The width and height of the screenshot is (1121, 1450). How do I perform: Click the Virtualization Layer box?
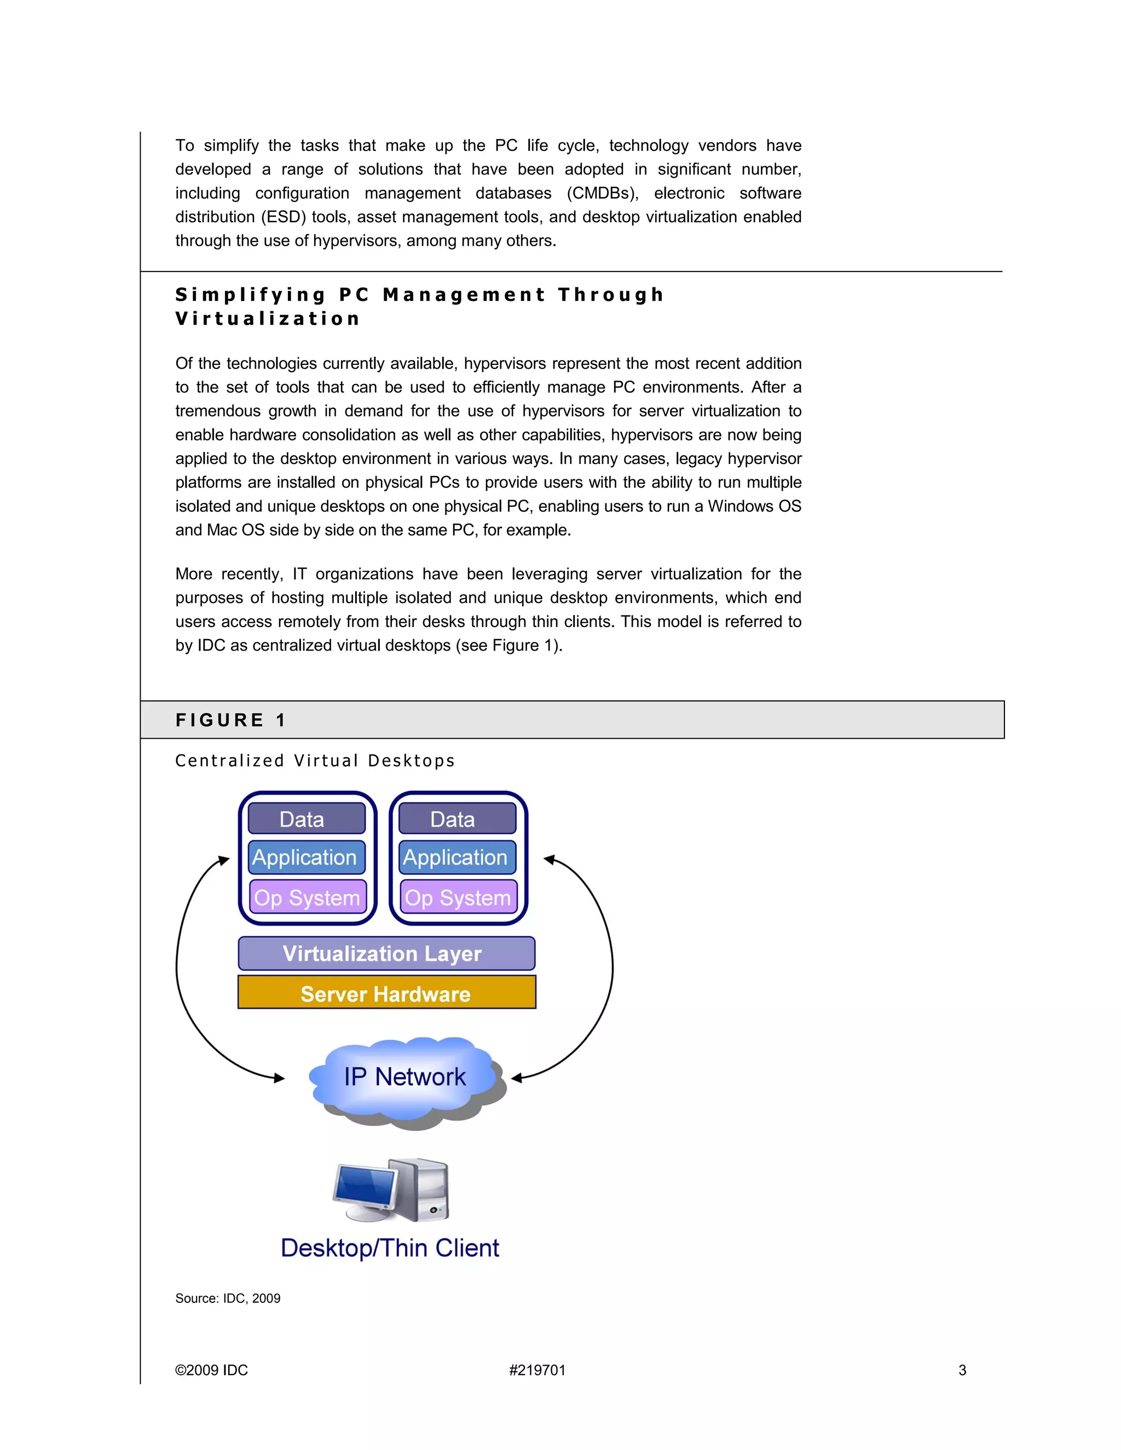pos(386,953)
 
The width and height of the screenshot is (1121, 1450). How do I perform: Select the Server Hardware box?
pos(386,993)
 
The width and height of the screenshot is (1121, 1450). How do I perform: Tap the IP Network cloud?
pos(405,1077)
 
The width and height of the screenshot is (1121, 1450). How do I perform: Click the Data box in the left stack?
pos(306,819)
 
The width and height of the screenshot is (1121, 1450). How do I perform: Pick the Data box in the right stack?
pos(457,819)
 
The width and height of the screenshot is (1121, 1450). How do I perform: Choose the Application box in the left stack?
pos(306,857)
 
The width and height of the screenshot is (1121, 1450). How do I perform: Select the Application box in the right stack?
pos(457,857)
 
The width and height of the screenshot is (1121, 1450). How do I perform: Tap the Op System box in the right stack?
pos(458,897)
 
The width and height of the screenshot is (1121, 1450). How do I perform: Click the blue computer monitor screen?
pos(365,1186)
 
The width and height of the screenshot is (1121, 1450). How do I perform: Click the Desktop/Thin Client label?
pos(390,1248)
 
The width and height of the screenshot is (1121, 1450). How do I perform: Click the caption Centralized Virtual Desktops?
pos(315,761)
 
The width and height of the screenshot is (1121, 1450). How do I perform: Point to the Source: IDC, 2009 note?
pos(228,1298)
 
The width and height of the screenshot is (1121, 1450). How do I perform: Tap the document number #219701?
pos(538,1370)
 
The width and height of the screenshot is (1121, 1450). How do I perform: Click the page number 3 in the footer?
pos(962,1370)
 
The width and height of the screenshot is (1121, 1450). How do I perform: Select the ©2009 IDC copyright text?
pos(211,1370)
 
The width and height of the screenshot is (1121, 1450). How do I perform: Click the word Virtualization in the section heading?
pos(268,318)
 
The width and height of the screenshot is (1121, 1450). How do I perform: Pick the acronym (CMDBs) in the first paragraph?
pos(602,193)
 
